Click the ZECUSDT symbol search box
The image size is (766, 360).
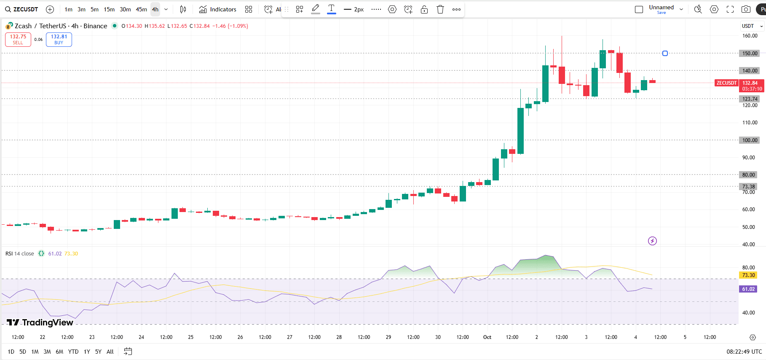click(22, 9)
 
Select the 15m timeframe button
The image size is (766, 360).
click(109, 9)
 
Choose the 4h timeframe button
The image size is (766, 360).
click(155, 9)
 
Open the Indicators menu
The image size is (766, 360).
click(218, 9)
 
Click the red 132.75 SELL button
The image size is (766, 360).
click(18, 39)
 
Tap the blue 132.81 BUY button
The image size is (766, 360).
click(59, 39)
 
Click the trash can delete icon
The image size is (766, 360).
click(440, 9)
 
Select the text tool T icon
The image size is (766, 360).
click(332, 9)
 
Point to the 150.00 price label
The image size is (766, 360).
click(750, 54)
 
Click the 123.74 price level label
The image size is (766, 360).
click(750, 99)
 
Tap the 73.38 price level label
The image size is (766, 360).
click(749, 186)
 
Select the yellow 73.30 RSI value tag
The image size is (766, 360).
click(748, 275)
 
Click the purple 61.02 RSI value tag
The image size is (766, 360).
click(748, 289)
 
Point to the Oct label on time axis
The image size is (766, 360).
click(487, 337)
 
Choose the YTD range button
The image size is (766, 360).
click(73, 352)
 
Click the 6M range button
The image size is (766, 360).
click(59, 352)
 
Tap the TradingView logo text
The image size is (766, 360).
click(40, 322)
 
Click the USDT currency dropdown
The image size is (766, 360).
click(752, 26)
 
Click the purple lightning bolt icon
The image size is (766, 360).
click(652, 241)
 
